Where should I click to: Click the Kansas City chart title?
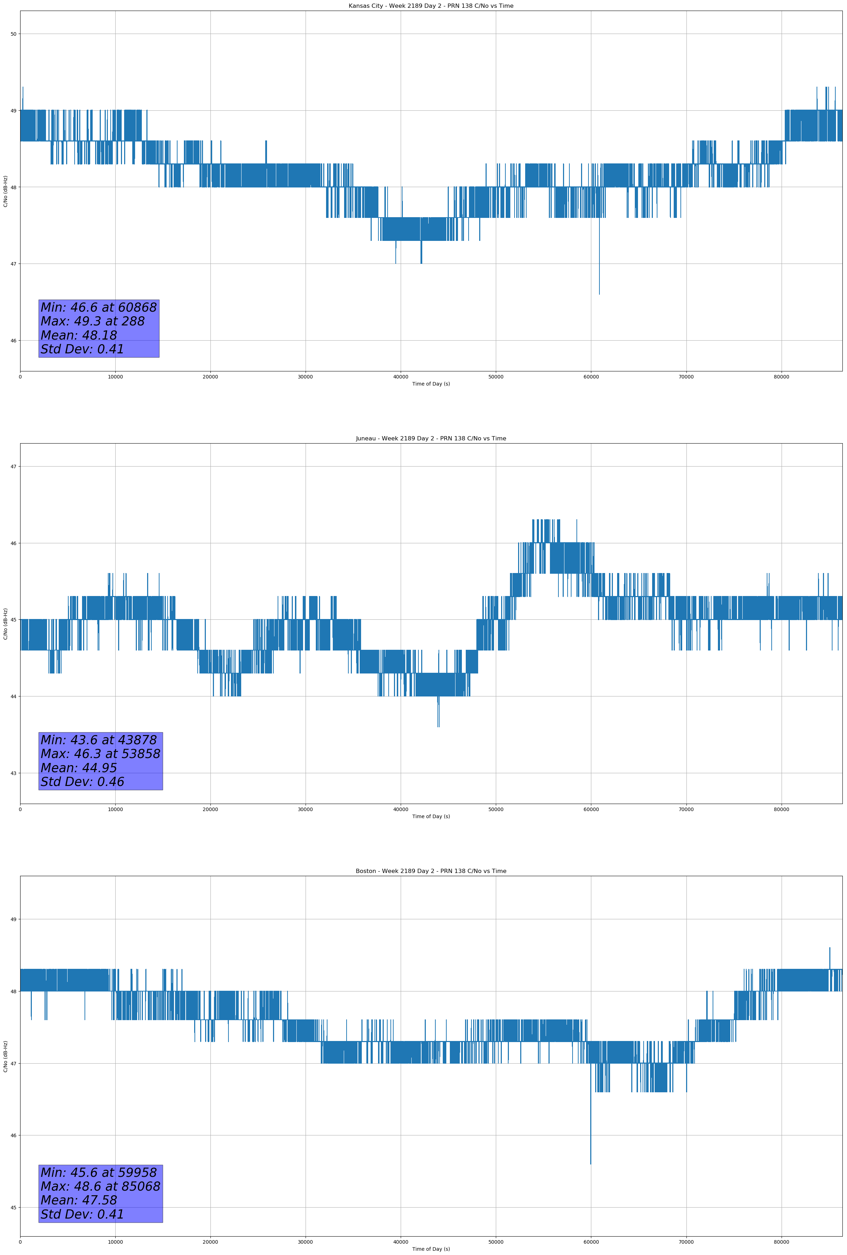coord(431,6)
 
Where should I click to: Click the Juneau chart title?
coord(431,439)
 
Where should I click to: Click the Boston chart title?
coord(431,871)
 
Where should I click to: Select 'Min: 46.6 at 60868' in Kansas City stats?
coord(99,307)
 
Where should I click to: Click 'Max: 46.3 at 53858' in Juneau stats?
coord(100,754)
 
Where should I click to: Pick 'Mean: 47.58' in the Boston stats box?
coord(79,1200)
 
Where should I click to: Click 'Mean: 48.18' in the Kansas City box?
coord(79,335)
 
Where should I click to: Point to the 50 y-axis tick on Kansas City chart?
coord(13,34)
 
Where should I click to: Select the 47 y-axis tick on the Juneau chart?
coord(13,467)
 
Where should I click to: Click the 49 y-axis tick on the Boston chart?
coord(13,919)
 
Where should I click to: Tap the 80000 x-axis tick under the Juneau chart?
coord(781,809)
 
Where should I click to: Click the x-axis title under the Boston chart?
coord(431,1249)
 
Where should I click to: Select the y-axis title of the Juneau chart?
coord(5,624)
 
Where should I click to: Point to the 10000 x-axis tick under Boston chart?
coord(115,1242)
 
